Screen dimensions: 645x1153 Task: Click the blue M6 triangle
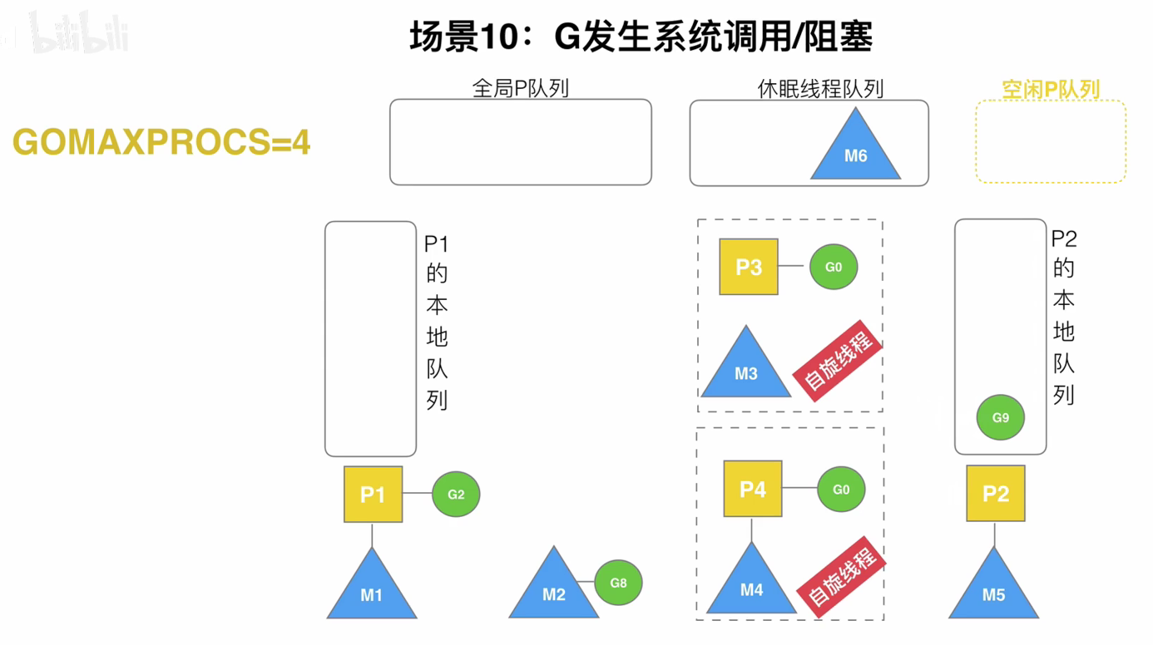click(855, 152)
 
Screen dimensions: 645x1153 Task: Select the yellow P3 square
click(749, 267)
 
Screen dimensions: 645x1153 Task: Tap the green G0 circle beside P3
click(834, 267)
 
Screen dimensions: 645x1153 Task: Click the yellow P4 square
click(752, 489)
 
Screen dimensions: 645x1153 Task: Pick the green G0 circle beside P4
click(841, 490)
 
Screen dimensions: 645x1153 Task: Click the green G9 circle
click(1000, 417)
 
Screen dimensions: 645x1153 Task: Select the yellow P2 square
click(995, 494)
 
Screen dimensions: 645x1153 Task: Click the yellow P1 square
click(373, 495)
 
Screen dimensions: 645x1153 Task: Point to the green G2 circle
click(456, 495)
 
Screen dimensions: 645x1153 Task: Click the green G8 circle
click(618, 583)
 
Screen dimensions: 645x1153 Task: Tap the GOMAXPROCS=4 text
click(161, 143)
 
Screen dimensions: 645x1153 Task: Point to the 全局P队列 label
click(520, 88)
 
